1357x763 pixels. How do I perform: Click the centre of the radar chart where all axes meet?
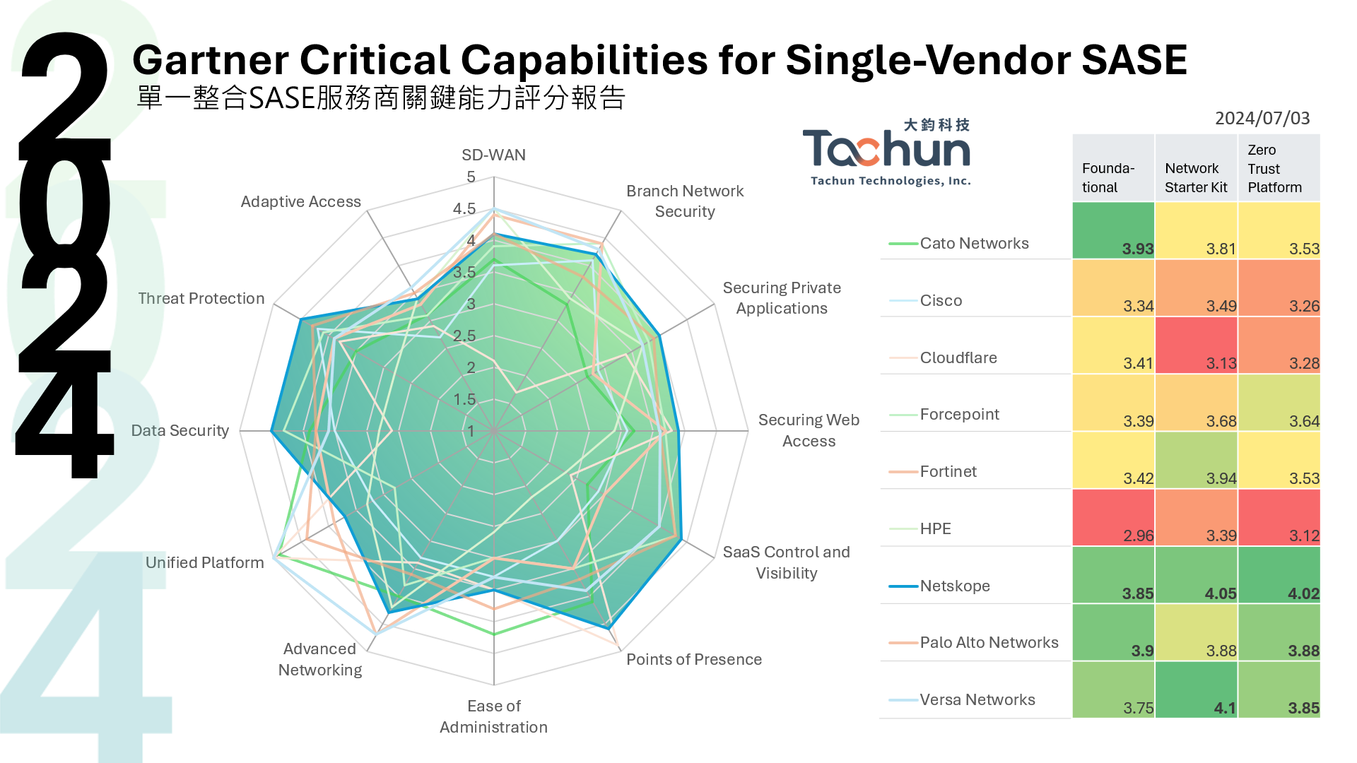coord(494,431)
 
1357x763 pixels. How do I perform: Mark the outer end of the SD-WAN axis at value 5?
coord(494,177)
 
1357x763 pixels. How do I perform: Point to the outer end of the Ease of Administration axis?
coord(494,685)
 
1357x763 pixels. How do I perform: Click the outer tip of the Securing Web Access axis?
coord(748,431)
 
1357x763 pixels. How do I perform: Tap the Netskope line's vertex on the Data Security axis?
coord(271,431)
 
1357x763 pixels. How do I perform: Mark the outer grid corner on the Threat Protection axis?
coord(274,304)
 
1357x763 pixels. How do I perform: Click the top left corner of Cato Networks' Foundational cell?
coord(1073,203)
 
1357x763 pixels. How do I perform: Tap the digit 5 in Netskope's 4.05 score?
coord(1232,593)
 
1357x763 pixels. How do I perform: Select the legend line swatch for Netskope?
coord(903,586)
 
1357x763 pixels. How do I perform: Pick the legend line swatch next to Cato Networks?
coord(903,244)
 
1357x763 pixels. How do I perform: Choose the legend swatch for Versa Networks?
coord(903,700)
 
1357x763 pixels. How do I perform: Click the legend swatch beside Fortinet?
coord(903,472)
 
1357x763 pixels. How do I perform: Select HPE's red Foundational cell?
coord(1114,518)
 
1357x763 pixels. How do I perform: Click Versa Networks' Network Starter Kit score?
coord(1225,708)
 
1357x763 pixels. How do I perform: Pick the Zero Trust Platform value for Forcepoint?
coord(1304,421)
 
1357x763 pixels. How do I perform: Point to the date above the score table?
coord(1262,118)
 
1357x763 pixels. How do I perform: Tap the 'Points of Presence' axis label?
coord(694,659)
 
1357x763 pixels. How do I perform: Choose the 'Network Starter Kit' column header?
coord(1196,177)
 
